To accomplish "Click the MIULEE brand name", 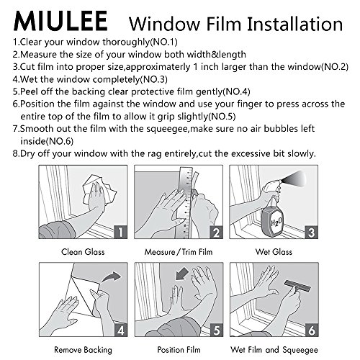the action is [60, 21].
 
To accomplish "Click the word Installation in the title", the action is [294, 24].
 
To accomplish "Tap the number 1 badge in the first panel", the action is [120, 232].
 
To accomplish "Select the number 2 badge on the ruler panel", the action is [216, 232].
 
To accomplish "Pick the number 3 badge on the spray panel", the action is [311, 232].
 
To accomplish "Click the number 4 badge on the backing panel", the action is [121, 330].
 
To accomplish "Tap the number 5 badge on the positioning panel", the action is [216, 330].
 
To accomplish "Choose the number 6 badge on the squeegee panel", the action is [312, 330].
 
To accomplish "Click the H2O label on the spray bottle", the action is [276, 222].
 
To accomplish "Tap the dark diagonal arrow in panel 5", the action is [182, 274].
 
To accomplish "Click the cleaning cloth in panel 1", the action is [99, 189].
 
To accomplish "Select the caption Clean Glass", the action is [83, 252].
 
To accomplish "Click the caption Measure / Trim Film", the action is [179, 252].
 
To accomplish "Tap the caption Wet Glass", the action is [274, 252].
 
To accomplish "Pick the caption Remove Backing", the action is [83, 350].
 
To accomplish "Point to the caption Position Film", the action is [179, 350].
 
